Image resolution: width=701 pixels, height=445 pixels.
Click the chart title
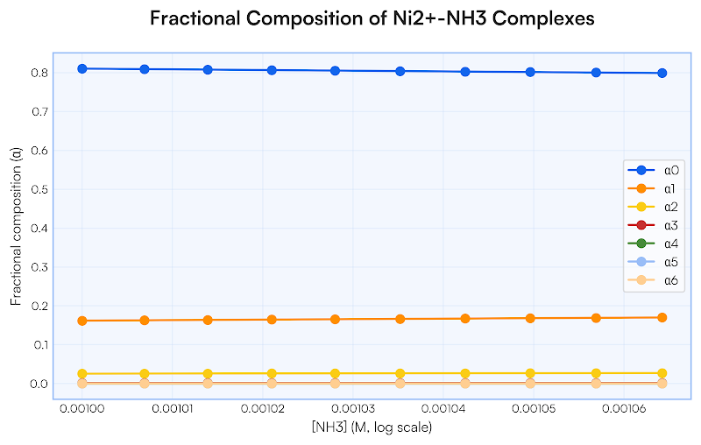pos(372,19)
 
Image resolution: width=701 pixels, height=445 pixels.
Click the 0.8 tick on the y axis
pos(39,73)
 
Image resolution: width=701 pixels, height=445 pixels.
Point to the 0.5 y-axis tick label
pos(39,189)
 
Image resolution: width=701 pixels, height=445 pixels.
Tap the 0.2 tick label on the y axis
pos(39,306)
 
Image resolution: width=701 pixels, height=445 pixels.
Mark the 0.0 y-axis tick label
pos(39,384)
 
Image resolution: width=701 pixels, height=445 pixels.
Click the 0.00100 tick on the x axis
pos(81,410)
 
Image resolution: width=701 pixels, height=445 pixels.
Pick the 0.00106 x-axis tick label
pos(618,410)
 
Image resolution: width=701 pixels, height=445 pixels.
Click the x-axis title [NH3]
pos(372,427)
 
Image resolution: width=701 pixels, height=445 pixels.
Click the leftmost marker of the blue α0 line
pos(81,68)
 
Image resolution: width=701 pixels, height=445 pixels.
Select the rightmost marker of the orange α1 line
pos(662,317)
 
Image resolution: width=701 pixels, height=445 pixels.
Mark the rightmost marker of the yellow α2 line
pos(662,373)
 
